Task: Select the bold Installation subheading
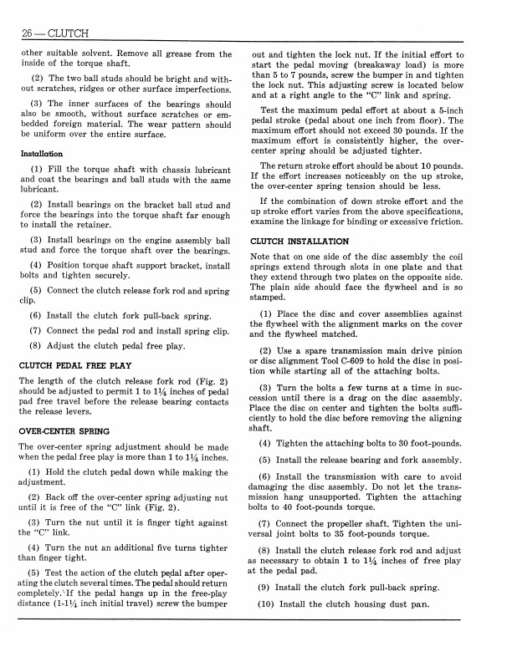click(x=43, y=154)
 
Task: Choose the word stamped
click(x=270, y=298)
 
